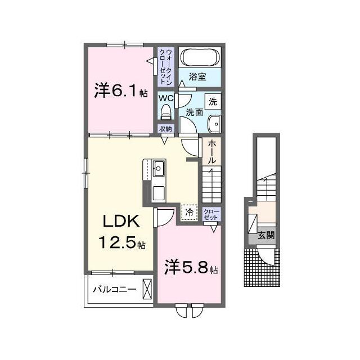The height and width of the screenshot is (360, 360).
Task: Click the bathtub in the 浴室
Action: tap(200, 57)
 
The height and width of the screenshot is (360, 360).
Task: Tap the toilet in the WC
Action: tap(166, 112)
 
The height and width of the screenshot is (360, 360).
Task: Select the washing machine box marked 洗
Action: tap(213, 101)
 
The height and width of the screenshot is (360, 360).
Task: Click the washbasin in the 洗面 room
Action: tap(214, 124)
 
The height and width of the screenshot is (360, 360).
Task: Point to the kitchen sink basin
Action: tap(159, 168)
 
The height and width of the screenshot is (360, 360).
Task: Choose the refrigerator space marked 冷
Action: tap(189, 212)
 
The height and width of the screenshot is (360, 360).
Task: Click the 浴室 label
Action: tap(197, 76)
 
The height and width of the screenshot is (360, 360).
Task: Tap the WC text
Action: tap(166, 98)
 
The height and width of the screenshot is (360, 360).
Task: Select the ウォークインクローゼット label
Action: tap(166, 66)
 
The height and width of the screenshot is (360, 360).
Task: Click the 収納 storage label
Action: tap(165, 129)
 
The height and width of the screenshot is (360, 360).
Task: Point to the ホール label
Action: tap(211, 152)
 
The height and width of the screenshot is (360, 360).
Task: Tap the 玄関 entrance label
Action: tap(266, 235)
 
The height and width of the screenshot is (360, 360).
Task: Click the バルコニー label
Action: tap(115, 289)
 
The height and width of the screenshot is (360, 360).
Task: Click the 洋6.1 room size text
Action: tap(121, 91)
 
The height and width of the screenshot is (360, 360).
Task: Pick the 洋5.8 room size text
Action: tap(191, 268)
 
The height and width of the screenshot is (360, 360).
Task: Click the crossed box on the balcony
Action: tap(147, 289)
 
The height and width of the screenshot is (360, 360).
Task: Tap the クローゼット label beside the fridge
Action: tap(211, 214)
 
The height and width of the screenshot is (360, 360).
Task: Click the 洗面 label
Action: tap(194, 112)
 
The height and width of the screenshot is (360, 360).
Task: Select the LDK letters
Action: tap(121, 221)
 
